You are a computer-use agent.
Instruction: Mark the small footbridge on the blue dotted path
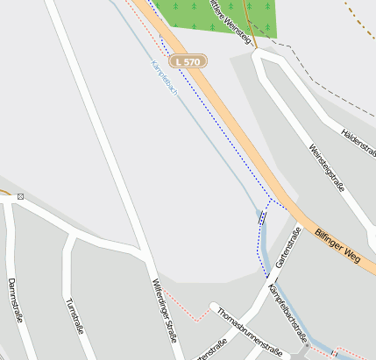(262, 218)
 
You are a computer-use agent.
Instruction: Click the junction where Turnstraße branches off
(70, 235)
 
